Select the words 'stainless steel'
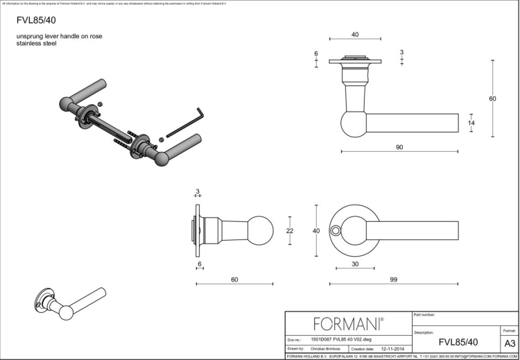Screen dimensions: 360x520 pos(36,44)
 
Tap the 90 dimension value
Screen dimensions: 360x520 pos(399,147)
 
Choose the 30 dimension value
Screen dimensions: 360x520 pos(355,264)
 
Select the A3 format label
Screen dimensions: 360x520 pos(509,343)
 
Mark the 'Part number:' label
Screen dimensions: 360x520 pos(424,316)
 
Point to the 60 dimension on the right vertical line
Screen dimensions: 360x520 pos(492,99)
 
